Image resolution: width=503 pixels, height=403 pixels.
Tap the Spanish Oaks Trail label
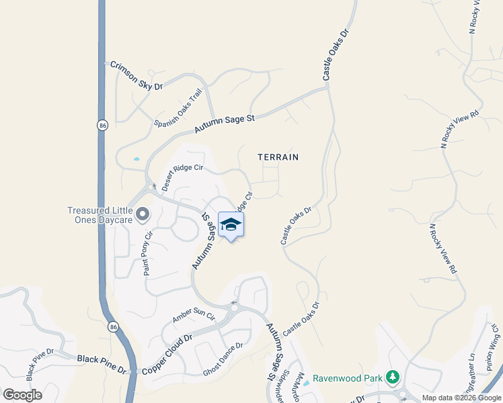tap(178, 108)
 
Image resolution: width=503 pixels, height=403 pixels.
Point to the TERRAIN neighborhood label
tap(278, 156)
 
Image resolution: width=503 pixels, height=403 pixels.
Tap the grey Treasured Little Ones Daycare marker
tap(142, 214)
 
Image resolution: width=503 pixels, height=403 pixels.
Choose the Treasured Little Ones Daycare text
tap(100, 215)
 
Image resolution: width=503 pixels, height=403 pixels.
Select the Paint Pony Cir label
tap(148, 253)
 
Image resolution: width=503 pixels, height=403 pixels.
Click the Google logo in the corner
tap(22, 395)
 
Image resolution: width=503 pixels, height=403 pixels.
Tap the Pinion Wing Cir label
tap(494, 343)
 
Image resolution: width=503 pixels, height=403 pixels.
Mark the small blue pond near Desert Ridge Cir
tap(137, 159)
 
